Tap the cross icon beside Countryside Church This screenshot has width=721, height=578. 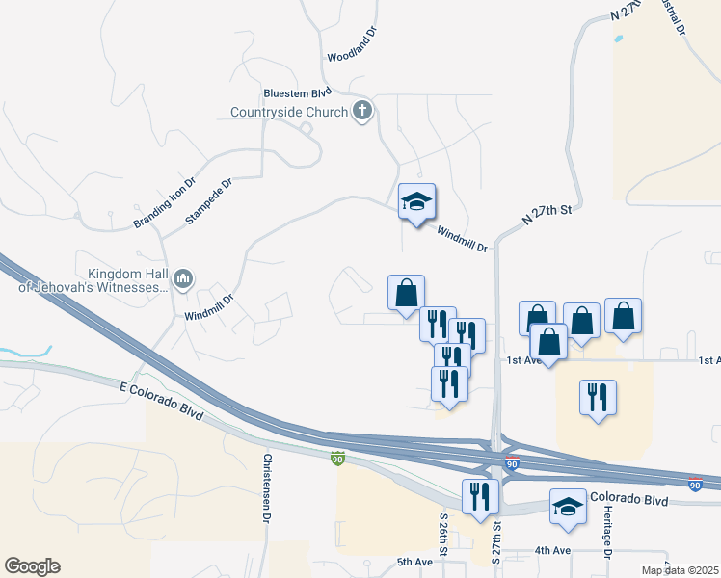click(362, 111)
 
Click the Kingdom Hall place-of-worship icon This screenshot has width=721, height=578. click(184, 280)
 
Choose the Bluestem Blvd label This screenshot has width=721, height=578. click(297, 92)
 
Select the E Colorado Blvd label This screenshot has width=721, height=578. click(162, 399)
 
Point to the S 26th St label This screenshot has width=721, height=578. click(445, 536)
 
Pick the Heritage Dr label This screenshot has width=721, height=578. click(608, 535)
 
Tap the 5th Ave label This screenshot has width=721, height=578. click(414, 562)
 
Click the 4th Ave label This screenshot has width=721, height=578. click(554, 552)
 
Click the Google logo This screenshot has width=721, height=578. click(32, 566)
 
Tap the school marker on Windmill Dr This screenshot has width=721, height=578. click(417, 201)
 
